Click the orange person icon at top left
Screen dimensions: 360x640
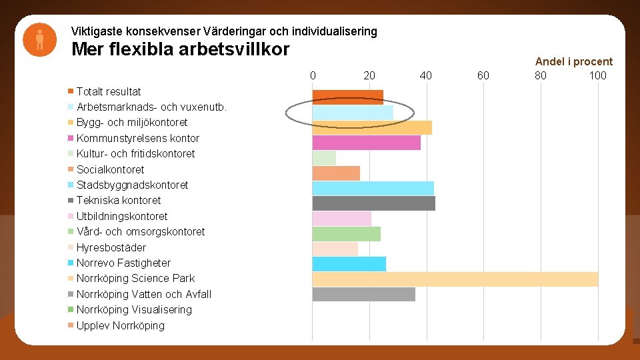pos(39,40)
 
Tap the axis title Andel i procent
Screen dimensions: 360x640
pos(573,61)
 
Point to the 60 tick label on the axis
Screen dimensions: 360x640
pos(483,75)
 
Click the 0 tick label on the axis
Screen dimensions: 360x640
pos(313,75)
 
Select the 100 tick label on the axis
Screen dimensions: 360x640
pos(597,75)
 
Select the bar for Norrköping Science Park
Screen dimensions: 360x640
pos(455,279)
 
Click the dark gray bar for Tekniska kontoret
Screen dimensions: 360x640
pos(373,203)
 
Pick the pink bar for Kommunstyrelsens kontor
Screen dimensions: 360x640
pos(366,143)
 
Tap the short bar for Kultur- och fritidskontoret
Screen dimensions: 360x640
pos(324,158)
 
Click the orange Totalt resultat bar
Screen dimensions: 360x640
pos(347,97)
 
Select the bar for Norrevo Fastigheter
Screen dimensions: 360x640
pos(349,263)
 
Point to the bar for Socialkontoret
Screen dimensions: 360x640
pos(336,173)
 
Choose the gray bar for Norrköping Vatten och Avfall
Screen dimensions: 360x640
pos(363,294)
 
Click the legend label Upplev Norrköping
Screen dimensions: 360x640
pos(120,325)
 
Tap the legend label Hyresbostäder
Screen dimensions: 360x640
pos(111,247)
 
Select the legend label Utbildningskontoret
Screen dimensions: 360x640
pos(122,216)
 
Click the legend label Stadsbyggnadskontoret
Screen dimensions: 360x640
pos(132,185)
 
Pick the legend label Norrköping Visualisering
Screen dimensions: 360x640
pos(134,309)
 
